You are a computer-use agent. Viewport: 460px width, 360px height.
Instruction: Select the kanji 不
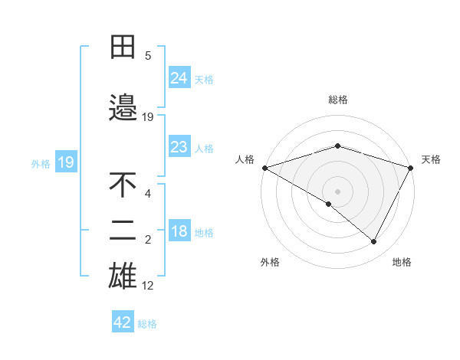tap(123, 185)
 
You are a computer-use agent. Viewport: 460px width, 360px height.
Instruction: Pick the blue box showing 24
tap(179, 78)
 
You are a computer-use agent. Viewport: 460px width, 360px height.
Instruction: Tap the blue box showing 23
tap(179, 147)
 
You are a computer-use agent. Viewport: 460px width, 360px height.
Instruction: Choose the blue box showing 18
tap(179, 232)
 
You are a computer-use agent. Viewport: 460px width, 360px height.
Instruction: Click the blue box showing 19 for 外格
tap(65, 162)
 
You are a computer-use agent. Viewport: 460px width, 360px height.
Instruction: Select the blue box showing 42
tap(122, 322)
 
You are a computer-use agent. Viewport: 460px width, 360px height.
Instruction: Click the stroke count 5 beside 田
tap(148, 55)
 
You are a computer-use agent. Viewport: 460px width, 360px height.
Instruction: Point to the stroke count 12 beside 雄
tap(148, 286)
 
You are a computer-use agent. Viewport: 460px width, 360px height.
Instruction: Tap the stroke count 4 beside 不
tap(148, 193)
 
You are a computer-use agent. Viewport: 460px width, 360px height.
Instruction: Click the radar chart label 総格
tap(337, 100)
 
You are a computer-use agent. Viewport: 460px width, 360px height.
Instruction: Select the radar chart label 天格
tap(431, 159)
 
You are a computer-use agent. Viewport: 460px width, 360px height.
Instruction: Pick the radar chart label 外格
tap(270, 262)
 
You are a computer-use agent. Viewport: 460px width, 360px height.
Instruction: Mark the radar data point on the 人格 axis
tap(264, 167)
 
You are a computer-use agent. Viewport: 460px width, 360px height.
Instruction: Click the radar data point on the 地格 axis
tap(374, 242)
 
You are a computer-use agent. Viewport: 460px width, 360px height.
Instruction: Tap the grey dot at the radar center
tap(337, 191)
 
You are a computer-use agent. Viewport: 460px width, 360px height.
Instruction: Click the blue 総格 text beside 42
tap(147, 324)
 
